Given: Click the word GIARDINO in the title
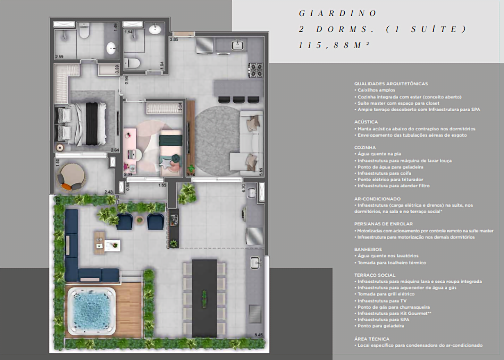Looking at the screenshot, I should click(x=338, y=14).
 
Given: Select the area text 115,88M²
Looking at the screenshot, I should click(x=333, y=45).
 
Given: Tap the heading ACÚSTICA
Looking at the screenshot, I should click(x=366, y=122).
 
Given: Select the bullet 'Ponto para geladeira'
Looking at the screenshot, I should click(x=381, y=326).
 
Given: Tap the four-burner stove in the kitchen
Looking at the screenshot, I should click(x=256, y=70).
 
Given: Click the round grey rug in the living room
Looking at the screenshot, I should click(x=217, y=132).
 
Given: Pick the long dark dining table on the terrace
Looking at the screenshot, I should click(x=204, y=298).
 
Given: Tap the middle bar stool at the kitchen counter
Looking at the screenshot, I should click(x=239, y=100).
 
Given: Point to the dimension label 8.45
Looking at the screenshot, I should click(x=259, y=335).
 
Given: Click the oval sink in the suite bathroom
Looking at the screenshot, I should click(x=112, y=49).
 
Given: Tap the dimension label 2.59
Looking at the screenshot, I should click(x=59, y=56).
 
